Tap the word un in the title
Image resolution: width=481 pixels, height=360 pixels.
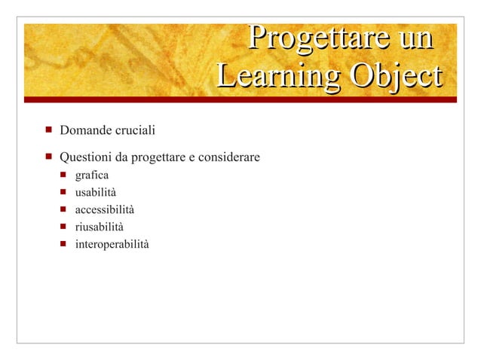[415, 38]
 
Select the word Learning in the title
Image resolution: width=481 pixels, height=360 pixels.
[268, 77]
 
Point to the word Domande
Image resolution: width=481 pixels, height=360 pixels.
[85, 132]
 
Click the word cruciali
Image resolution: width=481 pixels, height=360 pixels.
[134, 132]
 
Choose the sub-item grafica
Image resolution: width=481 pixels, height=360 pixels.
[91, 176]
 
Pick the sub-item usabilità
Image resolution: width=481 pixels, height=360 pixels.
[96, 193]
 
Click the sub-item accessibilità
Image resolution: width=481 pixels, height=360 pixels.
[105, 209]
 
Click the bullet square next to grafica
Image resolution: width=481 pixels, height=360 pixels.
[64, 175]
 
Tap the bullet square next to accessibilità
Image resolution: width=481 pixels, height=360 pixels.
[64, 209]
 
